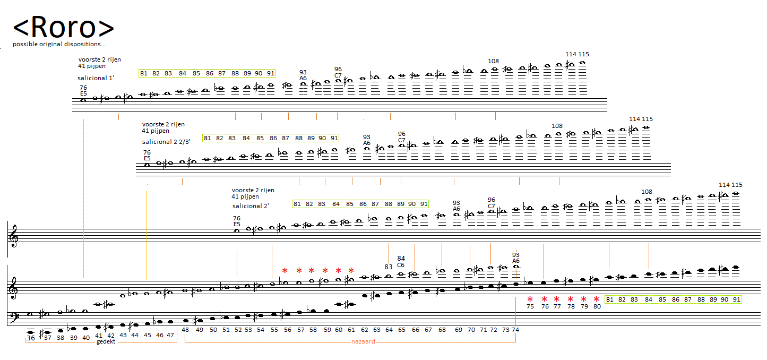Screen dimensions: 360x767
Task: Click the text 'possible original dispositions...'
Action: (x=59, y=44)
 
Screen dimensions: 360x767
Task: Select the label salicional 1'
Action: (x=96, y=78)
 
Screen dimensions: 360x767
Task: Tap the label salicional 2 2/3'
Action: (x=166, y=142)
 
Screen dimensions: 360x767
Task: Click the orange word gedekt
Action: (x=106, y=341)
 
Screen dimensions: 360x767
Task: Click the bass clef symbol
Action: (x=14, y=317)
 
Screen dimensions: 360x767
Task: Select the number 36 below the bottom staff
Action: (x=31, y=338)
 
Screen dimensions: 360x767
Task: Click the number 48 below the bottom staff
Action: (x=185, y=330)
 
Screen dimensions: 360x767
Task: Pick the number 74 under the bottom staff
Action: (x=515, y=330)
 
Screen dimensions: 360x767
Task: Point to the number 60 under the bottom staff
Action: (x=339, y=330)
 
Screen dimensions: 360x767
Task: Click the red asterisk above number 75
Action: (x=530, y=298)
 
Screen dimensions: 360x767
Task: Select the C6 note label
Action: (x=401, y=265)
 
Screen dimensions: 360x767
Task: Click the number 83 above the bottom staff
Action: (x=389, y=267)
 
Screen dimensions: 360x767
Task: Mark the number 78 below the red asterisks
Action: (x=571, y=306)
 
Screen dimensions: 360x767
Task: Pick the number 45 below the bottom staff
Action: (x=148, y=335)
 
